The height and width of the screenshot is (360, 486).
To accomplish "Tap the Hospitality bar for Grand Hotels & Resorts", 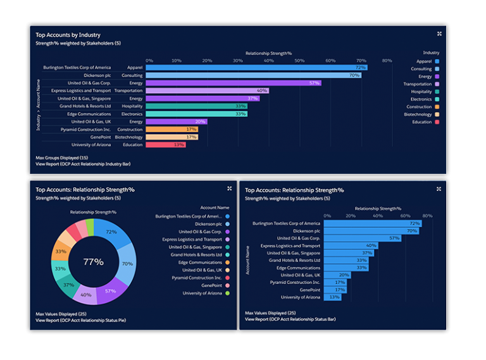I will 196,106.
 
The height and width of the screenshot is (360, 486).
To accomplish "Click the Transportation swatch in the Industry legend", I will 437,84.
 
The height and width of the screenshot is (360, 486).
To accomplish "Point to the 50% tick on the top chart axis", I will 300,61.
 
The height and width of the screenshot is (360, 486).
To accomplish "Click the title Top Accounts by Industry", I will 68,35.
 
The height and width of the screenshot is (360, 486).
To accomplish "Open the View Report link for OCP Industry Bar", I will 83,164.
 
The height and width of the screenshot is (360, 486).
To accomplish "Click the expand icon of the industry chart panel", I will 439,34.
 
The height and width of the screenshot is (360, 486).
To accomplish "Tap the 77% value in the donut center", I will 93,261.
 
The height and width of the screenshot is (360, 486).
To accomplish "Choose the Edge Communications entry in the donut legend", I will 200,263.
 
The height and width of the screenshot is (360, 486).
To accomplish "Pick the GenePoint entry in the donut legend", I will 209,285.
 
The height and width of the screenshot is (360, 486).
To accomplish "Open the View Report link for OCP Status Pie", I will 80,320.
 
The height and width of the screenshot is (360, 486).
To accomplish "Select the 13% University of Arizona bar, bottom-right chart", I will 332,297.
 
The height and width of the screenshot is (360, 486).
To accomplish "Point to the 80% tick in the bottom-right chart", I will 427,216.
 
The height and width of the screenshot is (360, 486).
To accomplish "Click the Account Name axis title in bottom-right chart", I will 247,260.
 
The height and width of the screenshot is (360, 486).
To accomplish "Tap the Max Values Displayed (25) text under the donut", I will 61,313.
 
